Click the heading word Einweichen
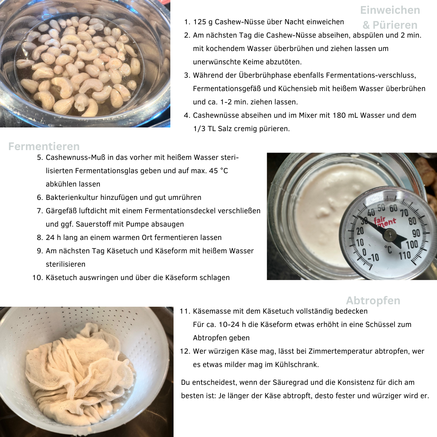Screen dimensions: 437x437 click(390, 10)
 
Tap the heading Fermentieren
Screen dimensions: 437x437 click(44, 146)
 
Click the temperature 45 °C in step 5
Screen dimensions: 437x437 click(218, 171)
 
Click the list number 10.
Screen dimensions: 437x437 click(38, 278)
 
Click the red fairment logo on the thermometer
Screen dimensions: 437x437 click(384, 222)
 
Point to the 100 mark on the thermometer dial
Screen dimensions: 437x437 click(412, 245)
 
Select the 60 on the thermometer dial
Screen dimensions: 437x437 click(393, 208)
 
